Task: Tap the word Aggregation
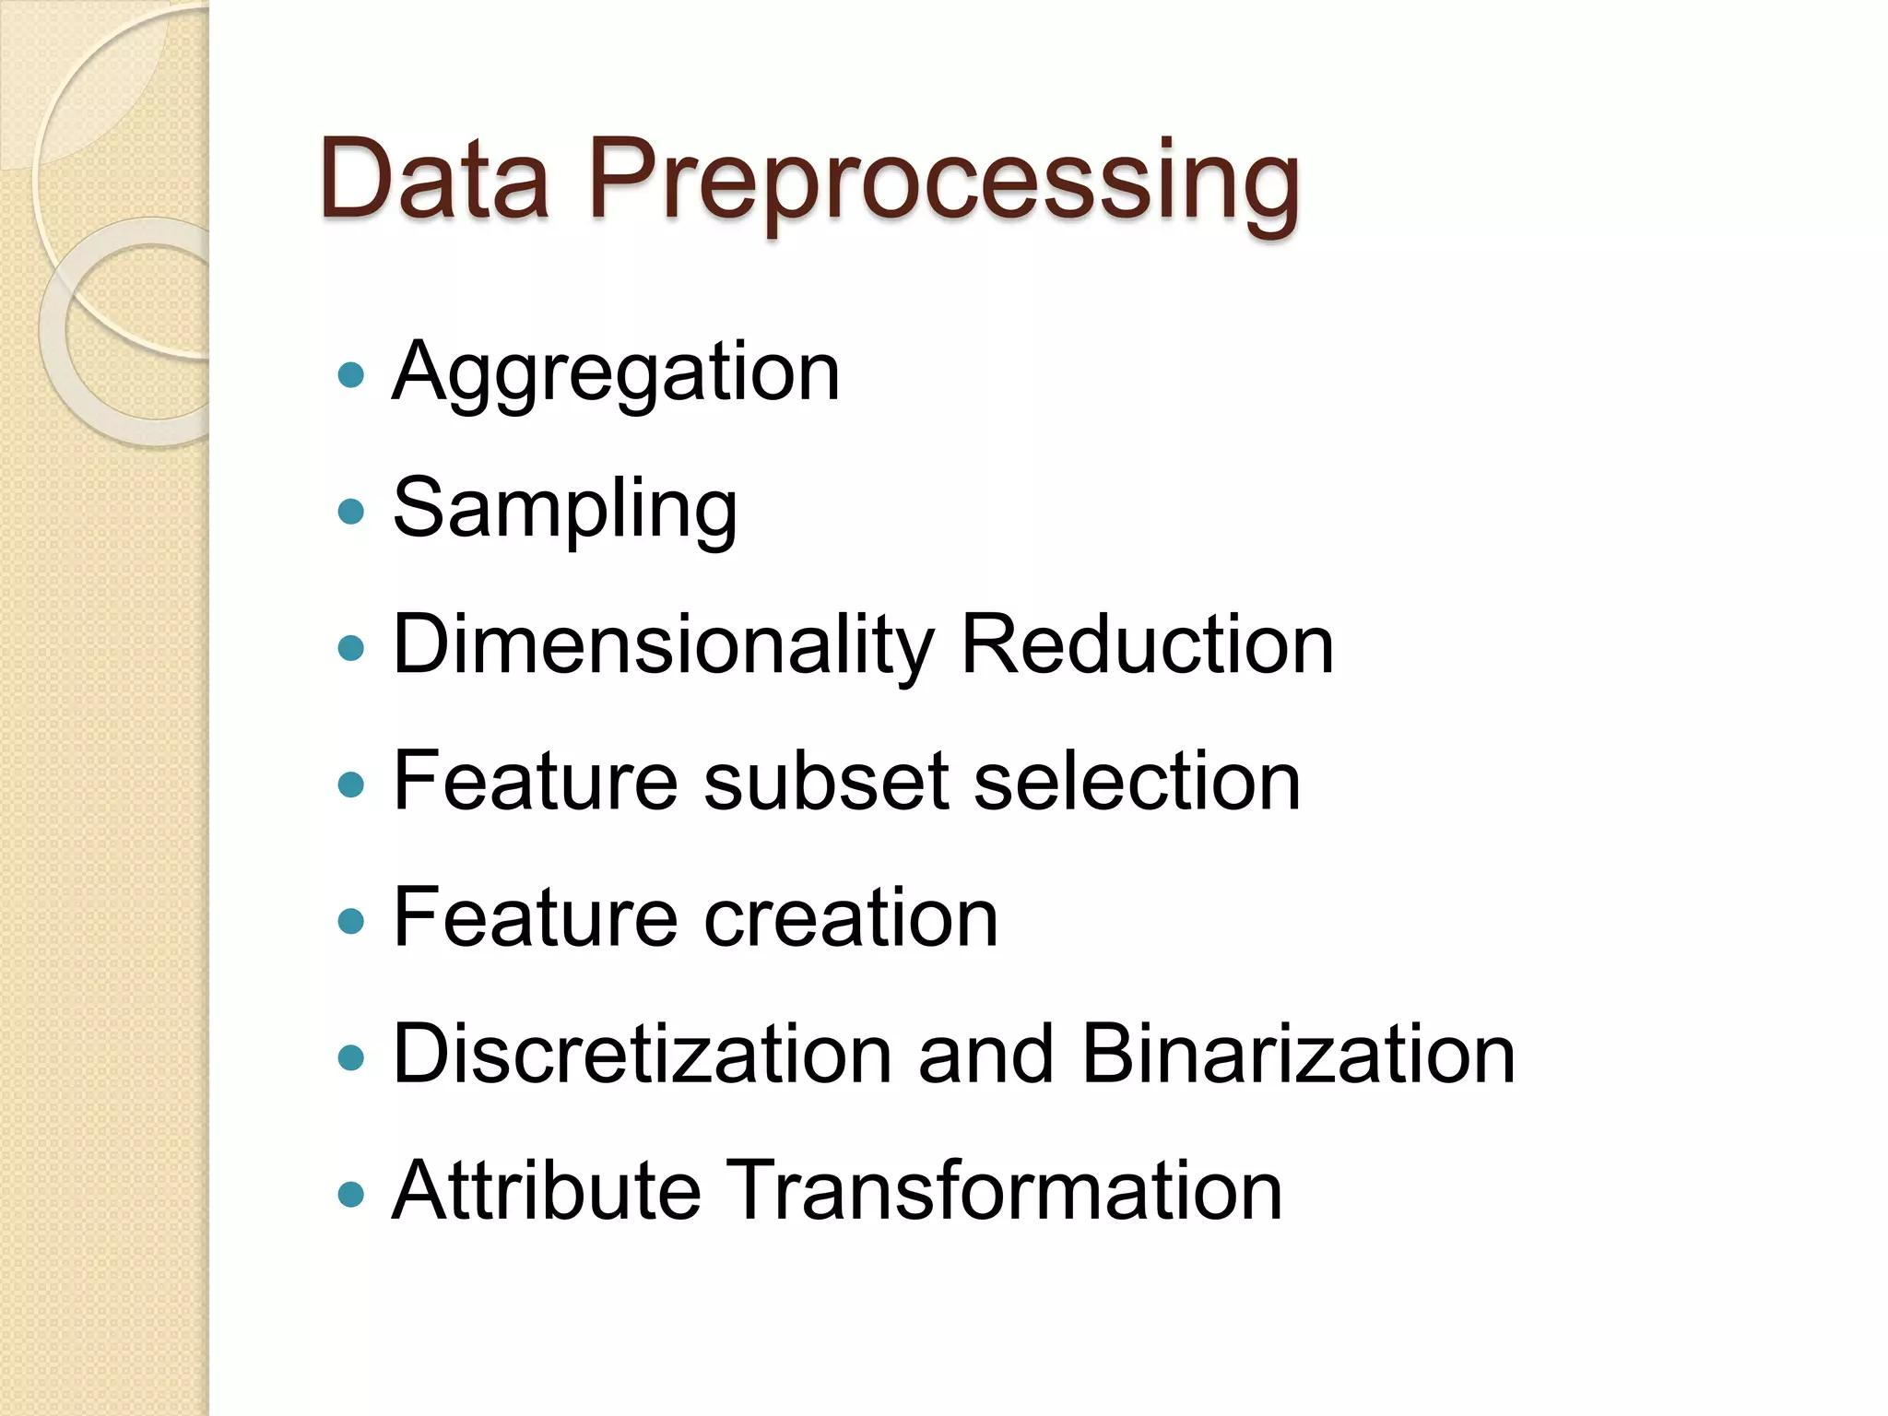click(616, 372)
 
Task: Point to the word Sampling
click(565, 509)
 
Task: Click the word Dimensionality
click(664, 645)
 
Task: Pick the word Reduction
click(1147, 645)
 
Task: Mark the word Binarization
click(1298, 1055)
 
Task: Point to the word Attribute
click(547, 1191)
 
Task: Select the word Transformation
click(1005, 1191)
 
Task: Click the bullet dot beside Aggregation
click(351, 374)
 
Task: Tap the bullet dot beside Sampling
click(351, 511)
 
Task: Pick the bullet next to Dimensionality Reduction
click(351, 647)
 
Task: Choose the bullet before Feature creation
click(351, 920)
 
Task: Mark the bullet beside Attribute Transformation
click(351, 1194)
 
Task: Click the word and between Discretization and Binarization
click(985, 1055)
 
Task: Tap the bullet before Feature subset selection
click(351, 784)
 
